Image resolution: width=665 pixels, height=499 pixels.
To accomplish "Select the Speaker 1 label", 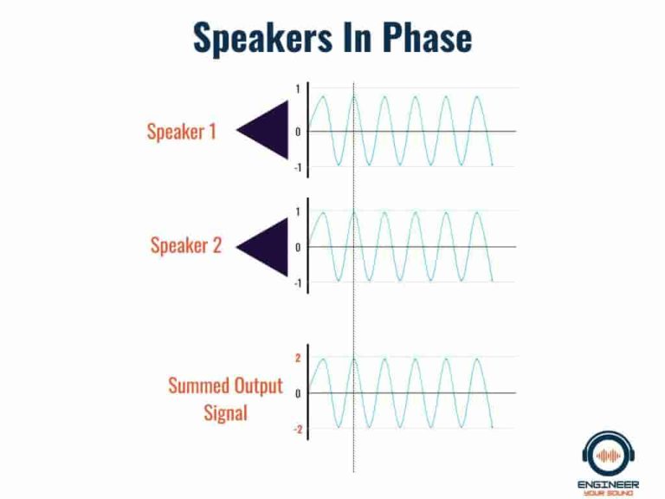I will (x=181, y=132).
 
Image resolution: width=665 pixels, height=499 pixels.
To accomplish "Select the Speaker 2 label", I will (x=185, y=245).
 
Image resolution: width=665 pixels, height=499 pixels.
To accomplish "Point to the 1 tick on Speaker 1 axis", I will (x=298, y=89).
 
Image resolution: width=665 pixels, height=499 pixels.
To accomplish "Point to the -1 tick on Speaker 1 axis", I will (x=296, y=167).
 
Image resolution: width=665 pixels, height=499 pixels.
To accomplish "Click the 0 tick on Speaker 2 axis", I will (x=298, y=247).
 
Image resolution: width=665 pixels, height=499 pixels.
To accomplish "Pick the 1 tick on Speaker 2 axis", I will (x=298, y=211).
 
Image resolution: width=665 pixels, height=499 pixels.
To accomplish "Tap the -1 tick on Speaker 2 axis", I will (x=296, y=283).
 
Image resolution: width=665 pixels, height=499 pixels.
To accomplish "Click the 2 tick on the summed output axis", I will (x=298, y=358).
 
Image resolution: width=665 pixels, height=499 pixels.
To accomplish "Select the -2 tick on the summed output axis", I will (x=296, y=430).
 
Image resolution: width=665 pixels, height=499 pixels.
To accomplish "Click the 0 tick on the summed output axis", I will (x=298, y=393).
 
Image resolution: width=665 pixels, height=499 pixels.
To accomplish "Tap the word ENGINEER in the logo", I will (x=610, y=482).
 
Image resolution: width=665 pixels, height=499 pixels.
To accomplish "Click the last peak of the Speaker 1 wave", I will (x=476, y=96).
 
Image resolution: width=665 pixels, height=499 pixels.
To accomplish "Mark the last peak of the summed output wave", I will (x=476, y=359).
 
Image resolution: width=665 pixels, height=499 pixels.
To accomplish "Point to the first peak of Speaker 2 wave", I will (x=322, y=212).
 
